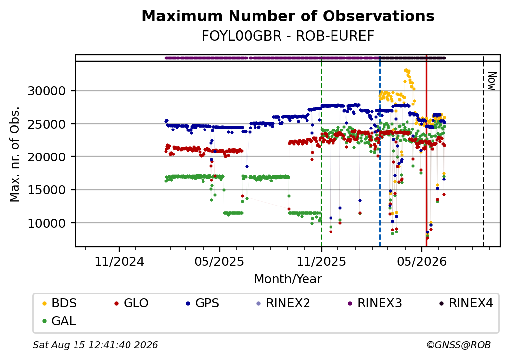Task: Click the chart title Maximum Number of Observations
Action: (x=288, y=16)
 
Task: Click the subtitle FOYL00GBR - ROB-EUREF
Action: (x=288, y=36)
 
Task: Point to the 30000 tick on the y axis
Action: (x=47, y=91)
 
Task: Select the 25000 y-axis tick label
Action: (x=47, y=124)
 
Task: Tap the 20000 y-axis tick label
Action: (x=47, y=157)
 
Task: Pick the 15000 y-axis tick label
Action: (x=47, y=190)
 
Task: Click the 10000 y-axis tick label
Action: (x=47, y=223)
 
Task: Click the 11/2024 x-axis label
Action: (x=119, y=261)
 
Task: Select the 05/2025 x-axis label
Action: (x=220, y=261)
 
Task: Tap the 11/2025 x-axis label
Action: (x=321, y=261)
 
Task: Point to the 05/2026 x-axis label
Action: (x=422, y=261)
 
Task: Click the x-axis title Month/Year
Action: (x=288, y=279)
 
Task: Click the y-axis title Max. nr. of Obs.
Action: (x=15, y=154)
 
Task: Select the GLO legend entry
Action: (x=131, y=303)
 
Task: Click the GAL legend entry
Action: (x=59, y=321)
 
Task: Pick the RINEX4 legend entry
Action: (x=466, y=303)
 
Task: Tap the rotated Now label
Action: (x=492, y=81)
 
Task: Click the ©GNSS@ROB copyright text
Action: (x=459, y=345)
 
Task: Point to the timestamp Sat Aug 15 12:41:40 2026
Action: (x=96, y=345)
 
